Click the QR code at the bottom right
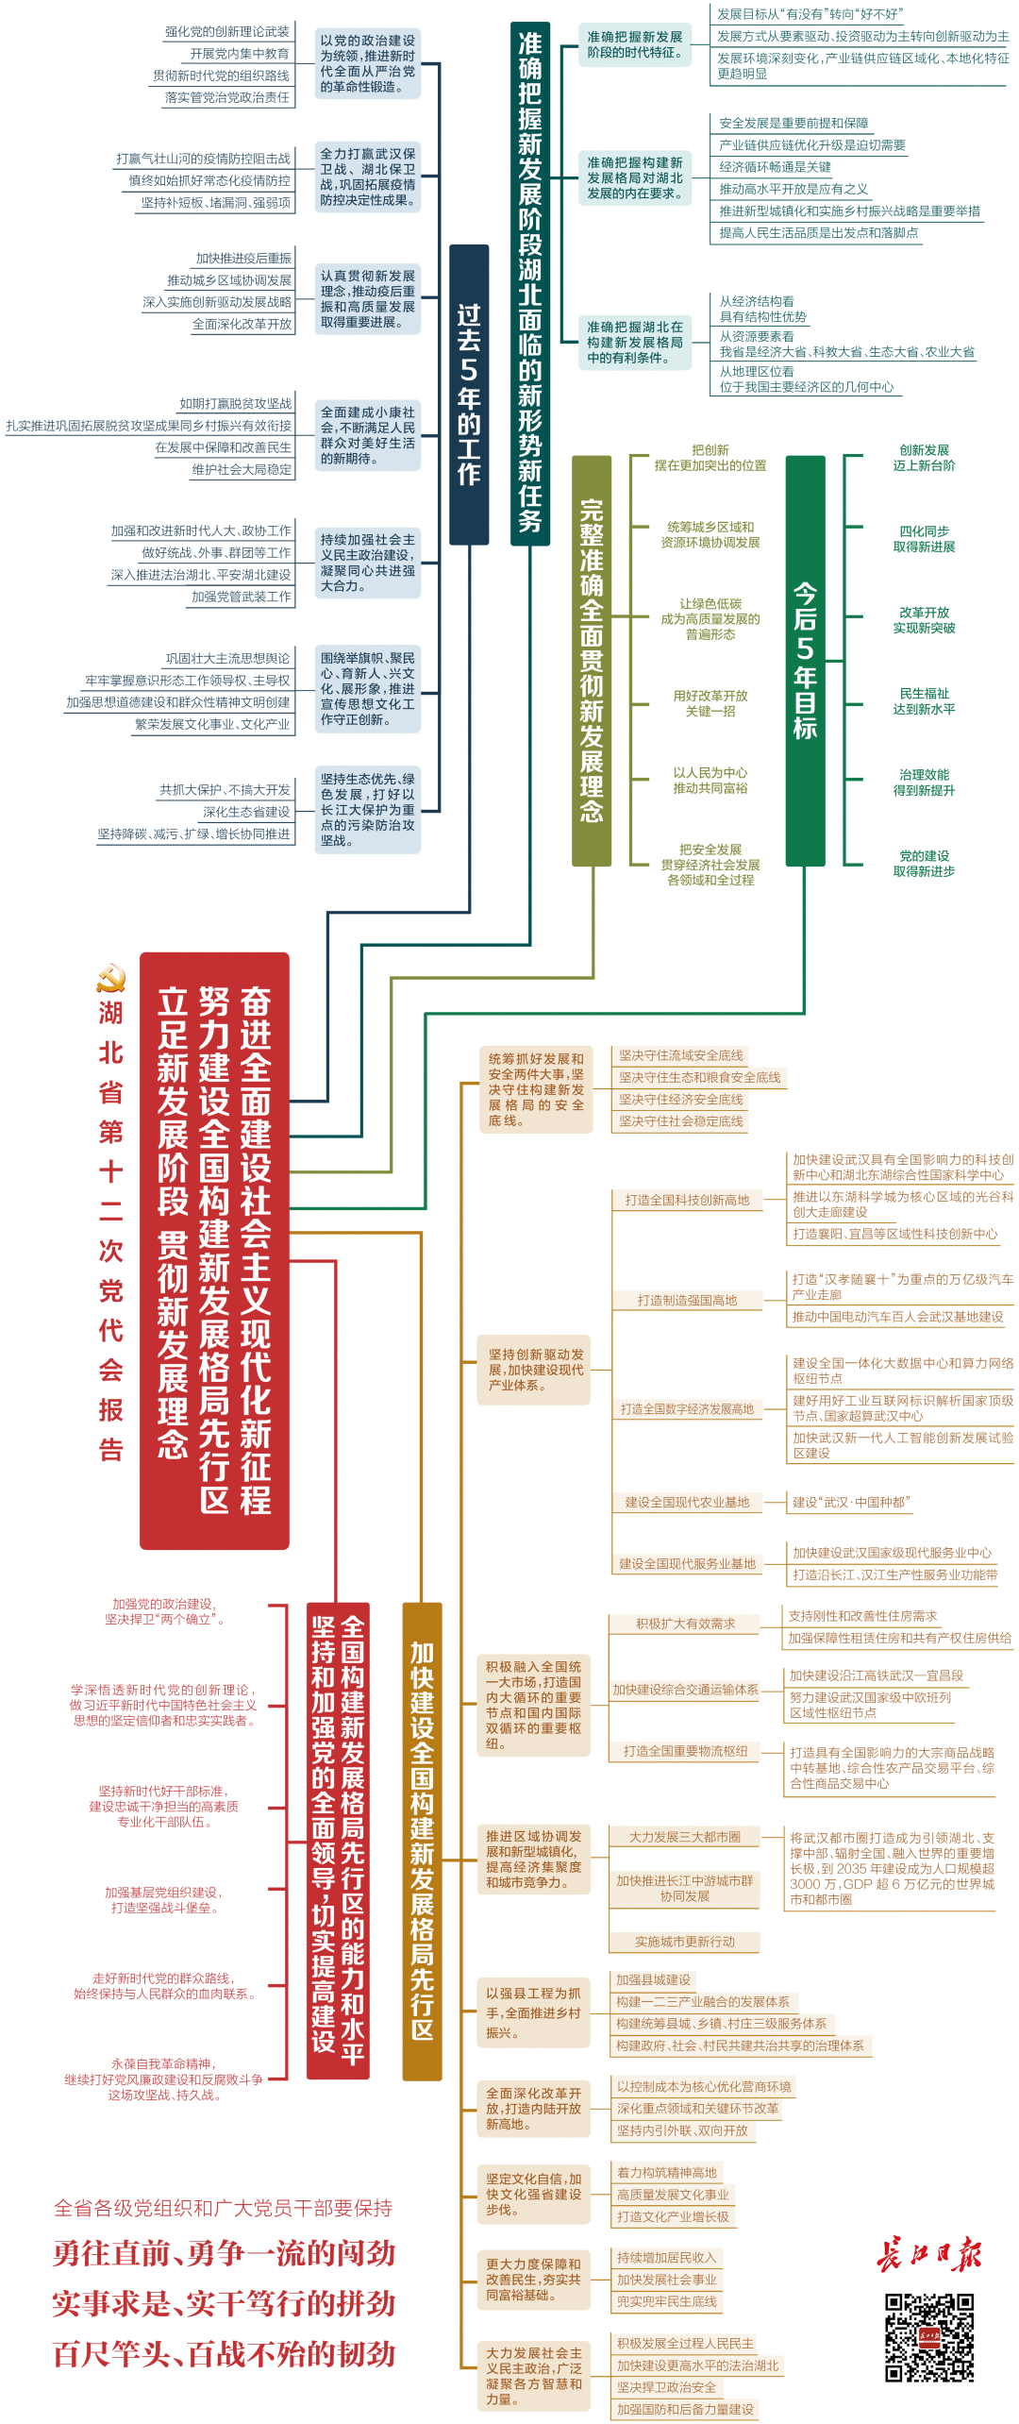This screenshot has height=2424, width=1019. tap(928, 2337)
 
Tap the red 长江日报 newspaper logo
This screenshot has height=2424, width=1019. tap(928, 2254)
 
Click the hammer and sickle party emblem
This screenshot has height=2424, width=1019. tap(111, 978)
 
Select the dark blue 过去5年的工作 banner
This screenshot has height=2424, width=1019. tap(469, 395)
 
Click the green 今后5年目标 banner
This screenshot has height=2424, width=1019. tap(805, 661)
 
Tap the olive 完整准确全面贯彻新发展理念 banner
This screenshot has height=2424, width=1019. tap(592, 661)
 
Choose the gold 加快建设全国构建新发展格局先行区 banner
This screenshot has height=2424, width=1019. tap(422, 1843)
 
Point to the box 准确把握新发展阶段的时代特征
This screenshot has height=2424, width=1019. tap(635, 44)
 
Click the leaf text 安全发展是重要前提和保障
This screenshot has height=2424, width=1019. tap(793, 124)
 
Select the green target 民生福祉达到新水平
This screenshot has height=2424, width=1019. tap(924, 701)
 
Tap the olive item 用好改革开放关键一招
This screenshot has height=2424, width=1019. tap(710, 703)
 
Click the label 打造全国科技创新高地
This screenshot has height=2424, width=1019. tap(687, 1200)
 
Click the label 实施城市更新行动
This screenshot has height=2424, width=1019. tap(685, 1942)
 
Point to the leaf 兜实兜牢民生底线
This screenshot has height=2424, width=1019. tap(666, 2301)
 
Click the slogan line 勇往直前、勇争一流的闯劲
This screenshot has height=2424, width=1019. tap(225, 2254)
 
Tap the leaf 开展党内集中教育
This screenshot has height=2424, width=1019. tap(240, 54)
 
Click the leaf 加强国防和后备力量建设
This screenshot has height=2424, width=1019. tap(685, 2409)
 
